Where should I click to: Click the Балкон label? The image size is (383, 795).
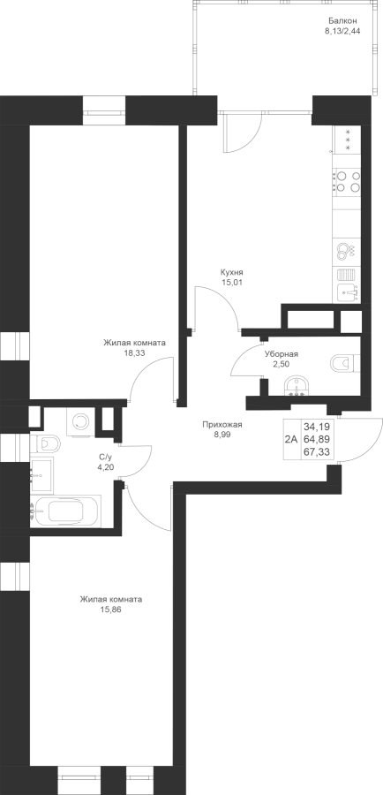[x=343, y=21]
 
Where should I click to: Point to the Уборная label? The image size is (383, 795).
[x=282, y=354]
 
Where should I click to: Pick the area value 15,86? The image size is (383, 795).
[x=111, y=609]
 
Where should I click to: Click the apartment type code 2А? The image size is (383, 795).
[x=291, y=439]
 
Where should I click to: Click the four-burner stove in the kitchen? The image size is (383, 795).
[x=347, y=181]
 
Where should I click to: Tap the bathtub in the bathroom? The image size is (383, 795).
[x=65, y=511]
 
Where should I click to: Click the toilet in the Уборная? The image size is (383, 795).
[x=345, y=363]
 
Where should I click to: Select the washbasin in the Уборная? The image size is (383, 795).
[x=296, y=385]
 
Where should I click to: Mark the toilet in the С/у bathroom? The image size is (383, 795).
[x=45, y=444]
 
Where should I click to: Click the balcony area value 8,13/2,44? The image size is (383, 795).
[x=343, y=31]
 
